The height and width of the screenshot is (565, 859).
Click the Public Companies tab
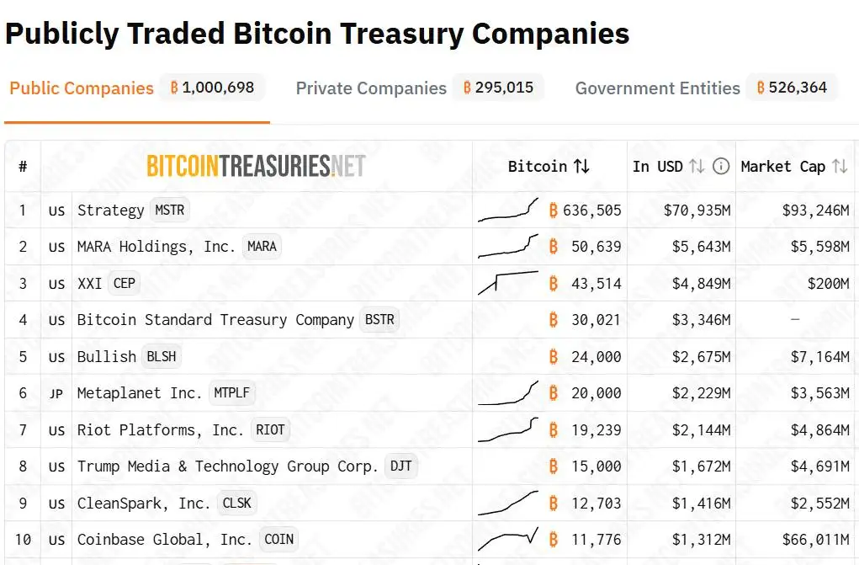[x=82, y=88]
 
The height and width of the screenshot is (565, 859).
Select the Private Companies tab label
[x=371, y=88]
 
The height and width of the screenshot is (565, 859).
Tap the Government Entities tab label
[x=657, y=88]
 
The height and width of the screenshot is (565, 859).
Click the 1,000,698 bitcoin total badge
[x=212, y=88]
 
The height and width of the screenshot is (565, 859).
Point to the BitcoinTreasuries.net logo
[x=256, y=166]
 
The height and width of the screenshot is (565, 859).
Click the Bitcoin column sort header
[x=549, y=166]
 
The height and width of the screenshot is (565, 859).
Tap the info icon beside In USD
[x=721, y=166]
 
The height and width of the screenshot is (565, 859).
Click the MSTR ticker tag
[x=169, y=210]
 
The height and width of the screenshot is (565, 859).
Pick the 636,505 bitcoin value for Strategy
[x=591, y=211]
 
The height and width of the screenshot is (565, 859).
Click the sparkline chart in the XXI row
[x=508, y=282]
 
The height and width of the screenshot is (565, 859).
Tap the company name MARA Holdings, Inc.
[x=156, y=247]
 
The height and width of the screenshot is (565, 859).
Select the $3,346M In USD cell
[x=701, y=320]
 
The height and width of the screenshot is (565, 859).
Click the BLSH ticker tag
[x=162, y=356]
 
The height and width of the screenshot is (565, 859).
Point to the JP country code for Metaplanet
[x=56, y=393]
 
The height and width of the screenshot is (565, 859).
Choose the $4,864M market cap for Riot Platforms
[x=819, y=429]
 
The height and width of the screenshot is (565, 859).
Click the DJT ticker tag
[x=400, y=466]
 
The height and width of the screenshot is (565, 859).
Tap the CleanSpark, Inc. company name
[x=144, y=503]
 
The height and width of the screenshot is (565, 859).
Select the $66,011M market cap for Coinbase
[x=815, y=539]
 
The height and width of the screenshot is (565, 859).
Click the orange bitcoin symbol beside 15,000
[x=553, y=466]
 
